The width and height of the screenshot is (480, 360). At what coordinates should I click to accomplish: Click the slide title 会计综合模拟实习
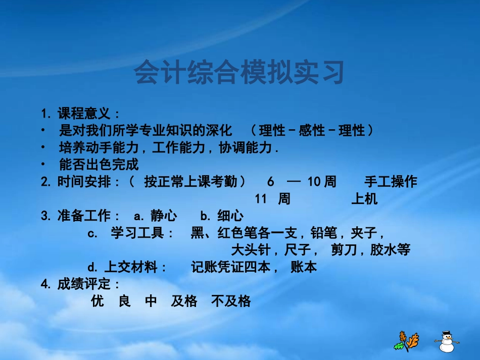(239, 73)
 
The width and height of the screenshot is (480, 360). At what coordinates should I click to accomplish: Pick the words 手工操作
(391, 182)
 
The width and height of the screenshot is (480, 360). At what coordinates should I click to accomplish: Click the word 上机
(364, 199)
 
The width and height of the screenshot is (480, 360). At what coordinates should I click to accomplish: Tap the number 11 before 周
(261, 199)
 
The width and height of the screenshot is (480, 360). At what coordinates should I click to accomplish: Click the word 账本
(304, 267)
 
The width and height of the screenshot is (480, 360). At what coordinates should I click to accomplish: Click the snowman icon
(446, 341)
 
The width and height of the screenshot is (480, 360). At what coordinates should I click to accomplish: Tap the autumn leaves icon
(407, 341)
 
